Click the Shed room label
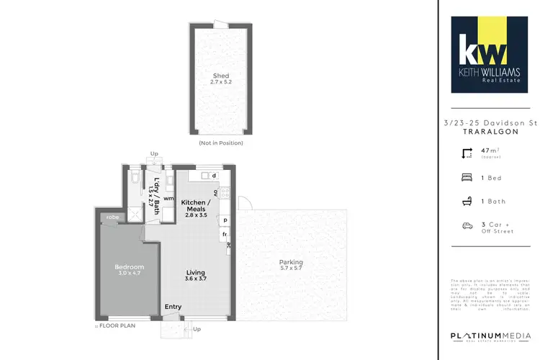click(x=220, y=76)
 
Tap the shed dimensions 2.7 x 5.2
click(x=220, y=83)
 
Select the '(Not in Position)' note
click(x=220, y=143)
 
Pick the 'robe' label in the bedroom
click(x=112, y=216)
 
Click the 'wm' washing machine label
click(x=168, y=198)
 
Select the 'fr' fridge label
click(x=225, y=235)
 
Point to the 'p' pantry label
click(x=225, y=220)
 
